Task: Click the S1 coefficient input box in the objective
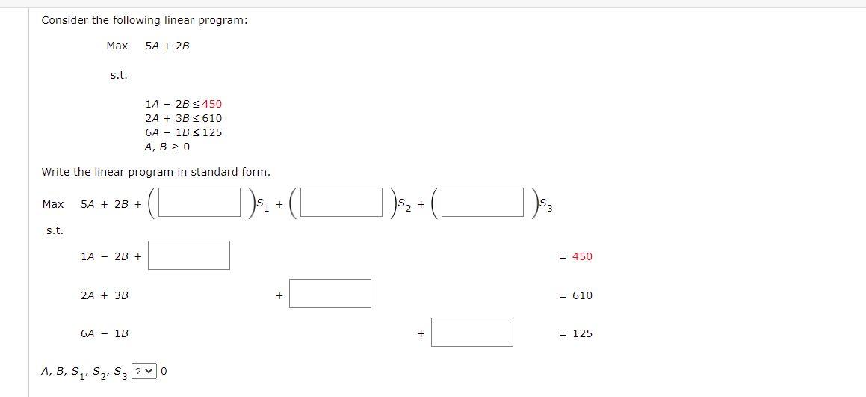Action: click(x=200, y=203)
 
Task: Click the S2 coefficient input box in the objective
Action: click(x=341, y=203)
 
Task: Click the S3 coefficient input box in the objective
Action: click(x=483, y=203)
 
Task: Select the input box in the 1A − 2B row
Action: click(x=189, y=256)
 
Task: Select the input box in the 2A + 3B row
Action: click(x=330, y=294)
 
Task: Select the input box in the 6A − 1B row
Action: click(x=471, y=333)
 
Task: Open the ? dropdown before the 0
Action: click(x=144, y=371)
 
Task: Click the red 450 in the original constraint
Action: click(x=211, y=104)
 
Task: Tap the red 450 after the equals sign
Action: click(x=582, y=256)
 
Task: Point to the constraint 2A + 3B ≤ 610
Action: click(x=184, y=118)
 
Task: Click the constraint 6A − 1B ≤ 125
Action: click(x=184, y=132)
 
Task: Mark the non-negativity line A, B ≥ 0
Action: click(x=167, y=147)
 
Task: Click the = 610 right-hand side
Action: click(x=576, y=295)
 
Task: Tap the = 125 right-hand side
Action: click(x=576, y=333)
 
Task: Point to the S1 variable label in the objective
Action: click(x=261, y=203)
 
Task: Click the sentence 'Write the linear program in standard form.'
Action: click(x=156, y=172)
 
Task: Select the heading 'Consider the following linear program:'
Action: click(x=144, y=20)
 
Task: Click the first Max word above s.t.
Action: click(x=117, y=46)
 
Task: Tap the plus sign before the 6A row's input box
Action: click(x=421, y=334)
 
